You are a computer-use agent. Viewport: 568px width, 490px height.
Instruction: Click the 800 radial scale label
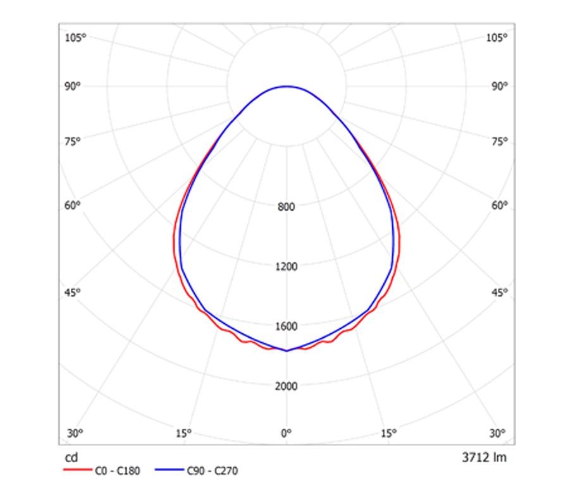(287, 207)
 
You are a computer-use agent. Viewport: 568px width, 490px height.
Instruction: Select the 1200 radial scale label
(287, 266)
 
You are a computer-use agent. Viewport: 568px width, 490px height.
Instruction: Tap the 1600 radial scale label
(287, 326)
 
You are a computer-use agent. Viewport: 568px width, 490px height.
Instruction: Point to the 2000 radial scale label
(287, 386)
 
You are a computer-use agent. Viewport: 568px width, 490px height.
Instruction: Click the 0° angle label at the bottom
(287, 433)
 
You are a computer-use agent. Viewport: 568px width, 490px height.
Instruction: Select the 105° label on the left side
(75, 38)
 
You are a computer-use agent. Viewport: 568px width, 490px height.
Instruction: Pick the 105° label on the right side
(497, 38)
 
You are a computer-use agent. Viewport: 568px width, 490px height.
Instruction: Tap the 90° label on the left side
(73, 86)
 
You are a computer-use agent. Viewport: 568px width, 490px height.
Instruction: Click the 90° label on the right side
(499, 86)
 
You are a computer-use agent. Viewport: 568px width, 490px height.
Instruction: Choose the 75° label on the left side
(73, 141)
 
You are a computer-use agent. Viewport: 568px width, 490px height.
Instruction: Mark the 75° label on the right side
(499, 141)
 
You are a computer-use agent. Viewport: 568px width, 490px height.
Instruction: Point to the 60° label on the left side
(73, 205)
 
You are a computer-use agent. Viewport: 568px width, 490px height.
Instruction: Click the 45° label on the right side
(499, 292)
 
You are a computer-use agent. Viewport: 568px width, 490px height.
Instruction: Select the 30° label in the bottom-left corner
(75, 433)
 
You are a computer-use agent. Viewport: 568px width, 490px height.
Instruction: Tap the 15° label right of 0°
(389, 433)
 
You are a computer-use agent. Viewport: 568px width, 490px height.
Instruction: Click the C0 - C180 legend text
(118, 470)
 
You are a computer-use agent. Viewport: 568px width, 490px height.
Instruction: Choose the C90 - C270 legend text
(213, 470)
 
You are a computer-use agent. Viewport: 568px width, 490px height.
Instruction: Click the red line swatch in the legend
(77, 470)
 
